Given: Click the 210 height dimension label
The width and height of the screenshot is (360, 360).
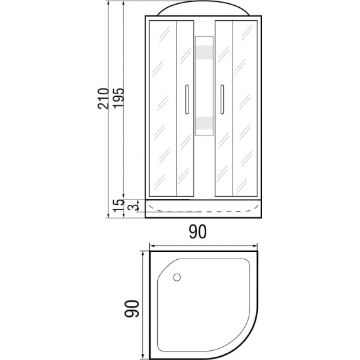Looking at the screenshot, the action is [103, 98].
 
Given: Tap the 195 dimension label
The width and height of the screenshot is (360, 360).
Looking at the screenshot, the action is [118, 98].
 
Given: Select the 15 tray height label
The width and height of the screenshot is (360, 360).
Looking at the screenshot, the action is [118, 206].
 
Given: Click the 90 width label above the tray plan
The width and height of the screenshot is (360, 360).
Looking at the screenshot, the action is [198, 232].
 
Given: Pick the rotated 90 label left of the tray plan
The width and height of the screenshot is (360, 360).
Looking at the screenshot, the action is [132, 309].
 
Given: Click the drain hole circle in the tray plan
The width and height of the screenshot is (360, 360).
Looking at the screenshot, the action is [177, 278].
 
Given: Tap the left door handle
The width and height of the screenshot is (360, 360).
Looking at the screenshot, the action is [187, 99].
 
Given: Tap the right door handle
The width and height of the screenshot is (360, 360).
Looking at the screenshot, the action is [222, 99].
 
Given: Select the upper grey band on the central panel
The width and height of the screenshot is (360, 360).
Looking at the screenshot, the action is [204, 52].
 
